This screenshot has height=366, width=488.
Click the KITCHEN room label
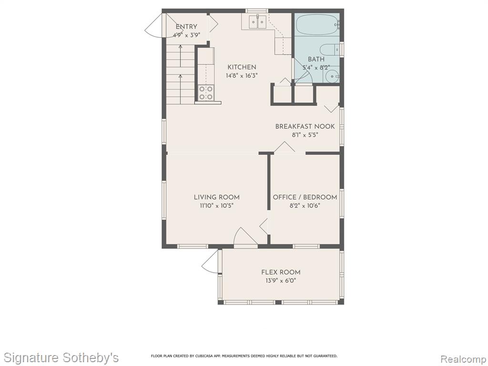tap(242, 67)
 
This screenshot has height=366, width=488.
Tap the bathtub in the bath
tap(318, 25)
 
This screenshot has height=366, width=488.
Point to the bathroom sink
tap(332, 76)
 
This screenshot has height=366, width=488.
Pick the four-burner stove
tap(206, 93)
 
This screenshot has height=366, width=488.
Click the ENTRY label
tap(186, 27)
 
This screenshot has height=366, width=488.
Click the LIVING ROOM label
tap(217, 197)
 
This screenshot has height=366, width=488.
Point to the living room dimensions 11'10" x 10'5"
tap(217, 205)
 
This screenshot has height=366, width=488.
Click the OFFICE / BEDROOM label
tap(305, 197)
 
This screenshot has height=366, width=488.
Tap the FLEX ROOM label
tap(281, 272)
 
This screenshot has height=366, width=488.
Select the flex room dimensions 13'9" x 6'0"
tap(281, 280)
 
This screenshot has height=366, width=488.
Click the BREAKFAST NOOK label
tap(305, 126)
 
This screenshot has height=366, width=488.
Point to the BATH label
tap(316, 59)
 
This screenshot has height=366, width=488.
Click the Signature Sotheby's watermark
tap(61, 357)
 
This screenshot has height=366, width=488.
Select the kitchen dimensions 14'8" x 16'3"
tap(242, 75)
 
